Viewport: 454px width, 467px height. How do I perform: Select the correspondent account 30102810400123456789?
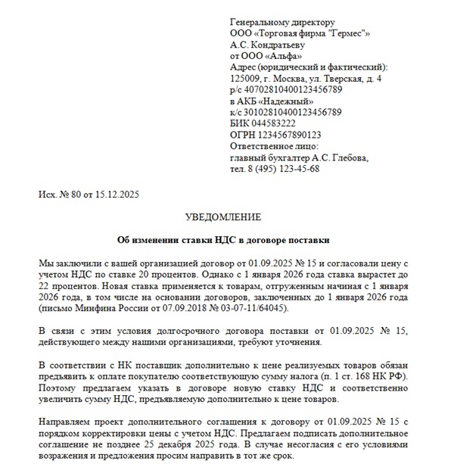click(291, 112)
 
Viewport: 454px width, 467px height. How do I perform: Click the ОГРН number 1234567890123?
click(284, 135)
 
